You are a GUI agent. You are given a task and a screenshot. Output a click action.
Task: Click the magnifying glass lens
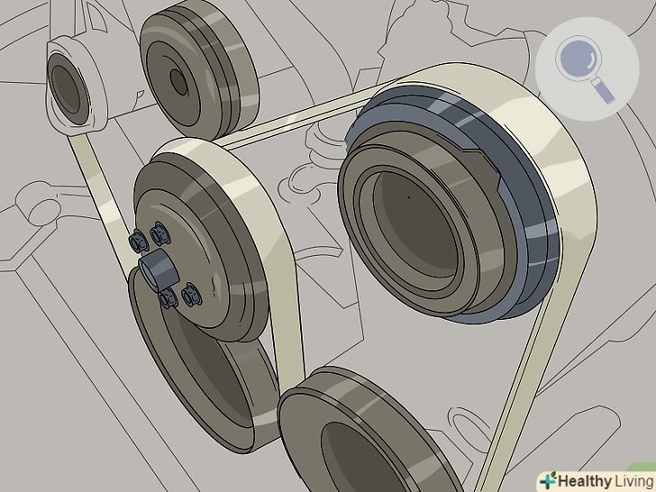point(578,59)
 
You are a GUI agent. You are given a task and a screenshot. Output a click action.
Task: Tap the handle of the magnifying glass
point(605,92)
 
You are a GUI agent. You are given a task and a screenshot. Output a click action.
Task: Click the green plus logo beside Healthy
point(548,480)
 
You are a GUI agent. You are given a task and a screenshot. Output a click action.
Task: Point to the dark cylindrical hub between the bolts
point(158,269)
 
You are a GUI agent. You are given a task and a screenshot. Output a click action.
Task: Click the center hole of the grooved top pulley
point(178,82)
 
